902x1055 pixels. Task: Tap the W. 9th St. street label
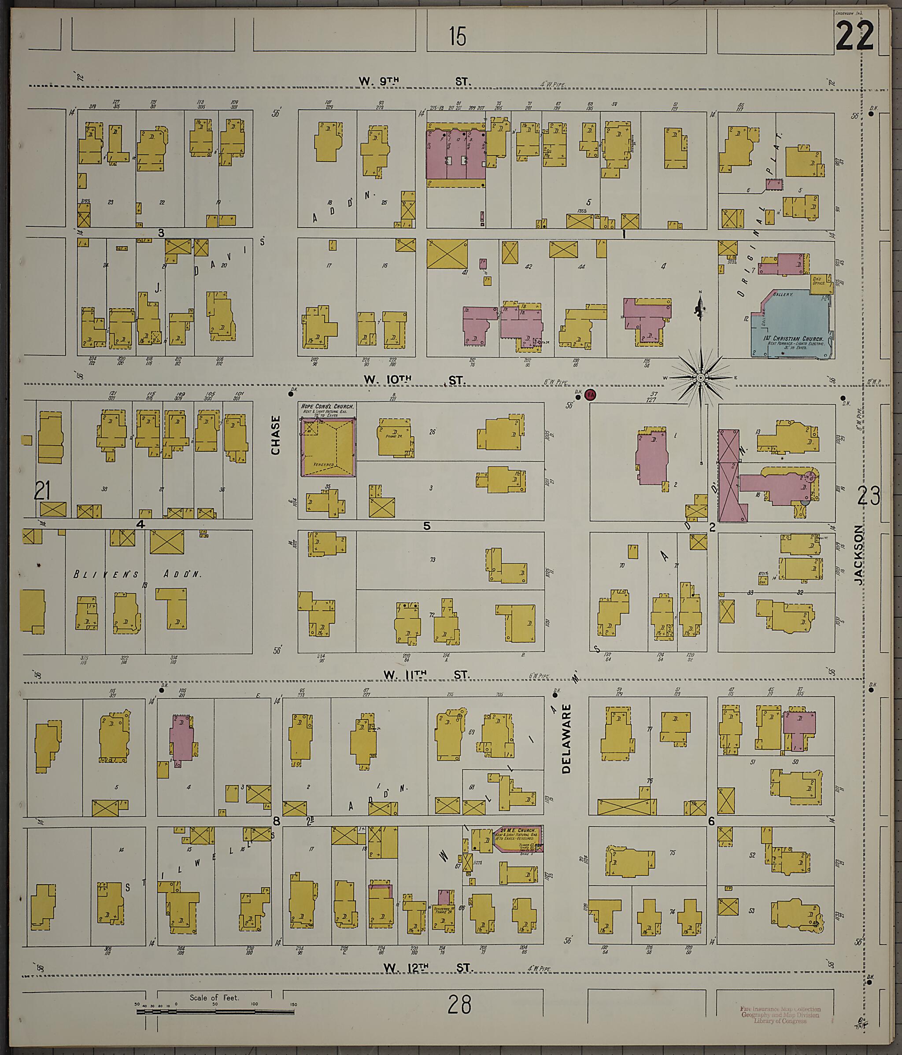414,81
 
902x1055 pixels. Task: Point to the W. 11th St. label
427,675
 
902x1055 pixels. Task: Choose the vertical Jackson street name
860,554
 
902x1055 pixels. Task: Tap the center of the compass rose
700,377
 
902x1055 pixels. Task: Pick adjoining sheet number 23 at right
869,495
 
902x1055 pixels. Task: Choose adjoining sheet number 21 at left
42,491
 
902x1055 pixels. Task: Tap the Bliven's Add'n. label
137,574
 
